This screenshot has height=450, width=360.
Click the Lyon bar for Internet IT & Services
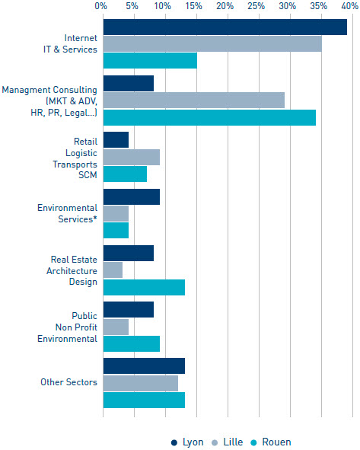tap(225, 27)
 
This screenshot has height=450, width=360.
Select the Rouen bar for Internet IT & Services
tap(150, 61)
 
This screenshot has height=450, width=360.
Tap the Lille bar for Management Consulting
tap(194, 101)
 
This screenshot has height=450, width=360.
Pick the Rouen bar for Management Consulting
tap(210, 117)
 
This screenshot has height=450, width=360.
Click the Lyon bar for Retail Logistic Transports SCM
tap(116, 140)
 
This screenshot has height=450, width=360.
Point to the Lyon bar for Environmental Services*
tap(132, 197)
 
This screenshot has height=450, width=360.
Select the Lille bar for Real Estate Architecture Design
tap(113, 270)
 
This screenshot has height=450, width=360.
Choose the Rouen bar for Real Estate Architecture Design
tap(145, 287)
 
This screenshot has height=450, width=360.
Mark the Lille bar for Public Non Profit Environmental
tap(116, 327)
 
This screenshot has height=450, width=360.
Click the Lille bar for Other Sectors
tap(141, 384)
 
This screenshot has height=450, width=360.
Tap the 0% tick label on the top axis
tap(101, 6)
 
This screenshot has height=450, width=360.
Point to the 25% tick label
tap(256, 6)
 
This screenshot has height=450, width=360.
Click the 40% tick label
tap(350, 6)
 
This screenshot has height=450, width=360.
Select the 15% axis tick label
tap(193, 6)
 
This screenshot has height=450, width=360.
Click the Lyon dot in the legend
tap(174, 442)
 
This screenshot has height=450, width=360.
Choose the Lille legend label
tap(233, 442)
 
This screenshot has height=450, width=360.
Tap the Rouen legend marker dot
tap(253, 442)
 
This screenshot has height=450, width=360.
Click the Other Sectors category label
tap(68, 382)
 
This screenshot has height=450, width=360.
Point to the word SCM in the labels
tap(88, 175)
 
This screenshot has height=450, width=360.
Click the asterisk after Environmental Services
tap(95, 217)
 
